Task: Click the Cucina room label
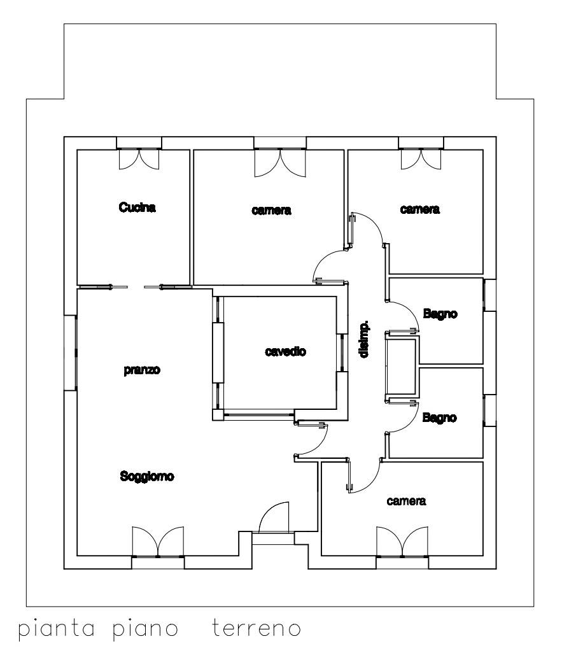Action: [x=137, y=207]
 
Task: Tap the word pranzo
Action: [x=142, y=370]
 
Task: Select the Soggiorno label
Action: [x=147, y=476]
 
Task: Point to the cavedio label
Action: [x=286, y=351]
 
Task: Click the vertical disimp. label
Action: [x=365, y=339]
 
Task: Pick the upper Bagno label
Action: [x=440, y=314]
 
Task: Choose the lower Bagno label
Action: [x=440, y=418]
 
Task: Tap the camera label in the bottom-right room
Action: [x=406, y=501]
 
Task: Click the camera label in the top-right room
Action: [x=420, y=209]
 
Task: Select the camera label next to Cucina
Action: [x=271, y=210]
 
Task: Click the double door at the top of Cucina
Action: [x=139, y=159]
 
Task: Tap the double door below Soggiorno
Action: [x=158, y=542]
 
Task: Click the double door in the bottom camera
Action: [x=402, y=542]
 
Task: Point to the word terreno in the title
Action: [x=256, y=628]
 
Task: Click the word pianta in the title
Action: [x=56, y=629]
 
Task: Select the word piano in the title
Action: [x=145, y=629]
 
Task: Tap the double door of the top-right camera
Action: [x=421, y=159]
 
